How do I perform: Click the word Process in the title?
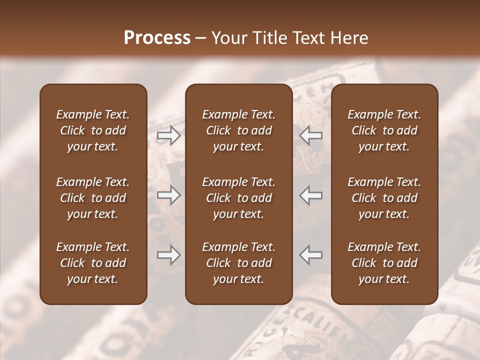[157, 38]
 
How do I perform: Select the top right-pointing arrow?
[168, 135]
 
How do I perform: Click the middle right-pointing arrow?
[168, 195]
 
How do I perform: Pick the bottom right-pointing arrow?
[168, 255]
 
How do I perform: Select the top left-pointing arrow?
[311, 135]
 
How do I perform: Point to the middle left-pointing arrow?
[311, 195]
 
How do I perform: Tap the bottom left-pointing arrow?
[311, 255]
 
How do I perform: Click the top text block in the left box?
[93, 130]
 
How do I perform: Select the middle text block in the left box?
[93, 198]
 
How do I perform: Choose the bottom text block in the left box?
[93, 263]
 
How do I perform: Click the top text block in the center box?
[238, 130]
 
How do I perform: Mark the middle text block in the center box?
[238, 198]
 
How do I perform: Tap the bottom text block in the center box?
[238, 263]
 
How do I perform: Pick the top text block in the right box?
[384, 130]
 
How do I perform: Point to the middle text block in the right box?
[384, 198]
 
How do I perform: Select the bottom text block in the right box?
[384, 263]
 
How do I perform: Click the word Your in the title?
[229, 38]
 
